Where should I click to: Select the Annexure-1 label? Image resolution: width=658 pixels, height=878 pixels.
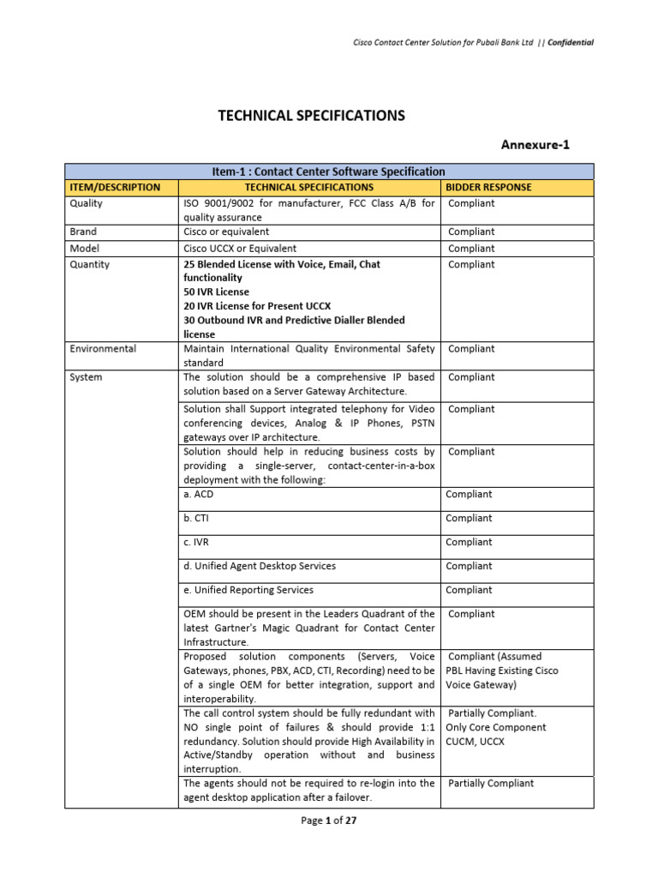(535, 145)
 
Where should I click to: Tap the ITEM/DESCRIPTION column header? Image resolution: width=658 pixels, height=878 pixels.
(115, 187)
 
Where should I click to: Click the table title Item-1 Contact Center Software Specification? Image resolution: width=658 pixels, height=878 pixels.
(329, 171)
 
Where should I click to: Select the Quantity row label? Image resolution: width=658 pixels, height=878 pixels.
(89, 265)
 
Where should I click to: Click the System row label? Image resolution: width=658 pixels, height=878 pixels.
(86, 377)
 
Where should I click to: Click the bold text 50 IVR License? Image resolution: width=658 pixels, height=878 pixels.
(217, 292)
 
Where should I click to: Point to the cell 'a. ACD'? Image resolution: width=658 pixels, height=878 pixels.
(197, 494)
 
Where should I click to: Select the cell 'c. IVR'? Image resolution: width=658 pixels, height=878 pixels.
(197, 542)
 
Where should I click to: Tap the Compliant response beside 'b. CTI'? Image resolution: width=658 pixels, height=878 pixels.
(469, 518)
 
